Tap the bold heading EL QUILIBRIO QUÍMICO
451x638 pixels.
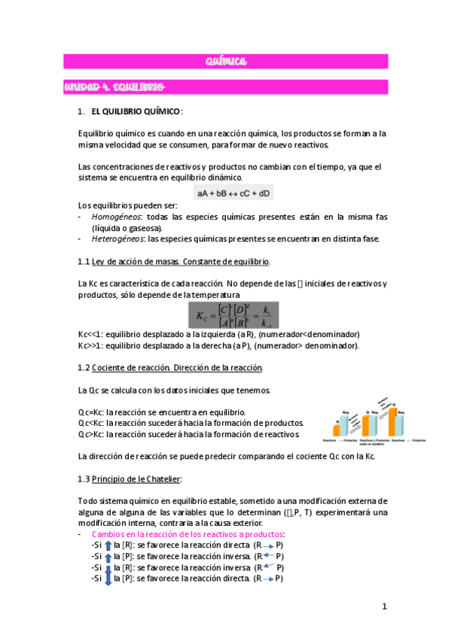tap(136, 111)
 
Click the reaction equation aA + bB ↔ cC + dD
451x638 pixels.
tap(234, 193)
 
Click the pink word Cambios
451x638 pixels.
tap(108, 534)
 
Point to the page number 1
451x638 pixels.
tap(383, 607)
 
